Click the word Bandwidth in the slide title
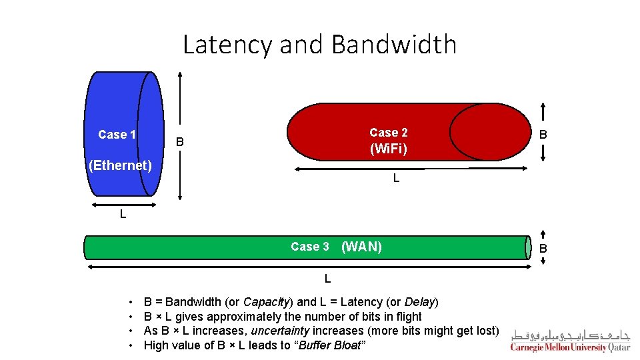tap(393, 45)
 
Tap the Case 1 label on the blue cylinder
tap(117, 135)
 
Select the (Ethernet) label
tap(120, 165)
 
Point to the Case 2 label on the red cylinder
tap(388, 133)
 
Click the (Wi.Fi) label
tap(388, 149)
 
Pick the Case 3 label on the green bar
tap(310, 247)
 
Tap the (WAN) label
tap(361, 247)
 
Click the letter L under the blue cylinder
tap(123, 215)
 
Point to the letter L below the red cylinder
tap(396, 179)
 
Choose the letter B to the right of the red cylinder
tap(543, 134)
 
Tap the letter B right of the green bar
tap(543, 249)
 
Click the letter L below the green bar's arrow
tap(327, 278)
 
